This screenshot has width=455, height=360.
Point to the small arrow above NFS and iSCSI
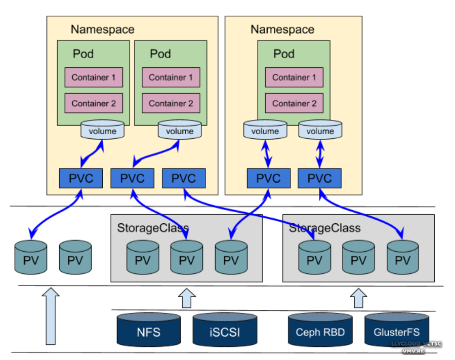[x=187, y=298]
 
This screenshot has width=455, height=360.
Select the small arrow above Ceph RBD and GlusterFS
[x=358, y=298]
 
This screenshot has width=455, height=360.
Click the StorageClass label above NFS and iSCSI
[x=146, y=227]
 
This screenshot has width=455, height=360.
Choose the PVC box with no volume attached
[x=184, y=178]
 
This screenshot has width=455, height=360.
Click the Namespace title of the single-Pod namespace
[x=282, y=29]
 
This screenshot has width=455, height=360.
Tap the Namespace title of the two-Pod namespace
[x=103, y=29]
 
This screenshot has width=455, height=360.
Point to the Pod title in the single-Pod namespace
[x=284, y=54]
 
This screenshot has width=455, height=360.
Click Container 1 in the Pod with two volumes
[x=294, y=77]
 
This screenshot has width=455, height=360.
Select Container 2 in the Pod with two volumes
[x=294, y=103]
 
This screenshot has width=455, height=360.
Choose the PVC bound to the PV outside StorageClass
[x=81, y=178]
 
